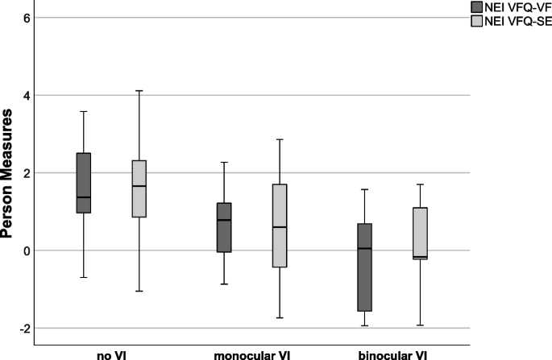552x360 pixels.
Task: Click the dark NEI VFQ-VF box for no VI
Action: tap(84, 183)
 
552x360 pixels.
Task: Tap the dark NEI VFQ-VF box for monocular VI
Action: tap(224, 227)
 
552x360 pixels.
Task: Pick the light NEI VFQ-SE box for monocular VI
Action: tap(280, 226)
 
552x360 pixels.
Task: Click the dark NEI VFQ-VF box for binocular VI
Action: tap(364, 267)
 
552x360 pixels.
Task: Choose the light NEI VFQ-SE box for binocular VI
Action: tap(420, 233)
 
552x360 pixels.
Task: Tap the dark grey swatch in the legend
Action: tap(478, 6)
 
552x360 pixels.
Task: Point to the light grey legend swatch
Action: tap(478, 21)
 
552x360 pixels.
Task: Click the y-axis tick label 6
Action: tap(27, 18)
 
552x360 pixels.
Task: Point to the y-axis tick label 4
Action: tap(27, 95)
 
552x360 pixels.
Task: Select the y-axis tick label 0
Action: tap(27, 250)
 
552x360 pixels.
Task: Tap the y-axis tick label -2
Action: tap(24, 329)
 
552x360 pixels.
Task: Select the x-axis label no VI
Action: tap(111, 354)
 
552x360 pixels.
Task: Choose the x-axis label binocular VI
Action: tap(392, 354)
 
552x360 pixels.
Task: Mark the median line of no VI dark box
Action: tap(84, 197)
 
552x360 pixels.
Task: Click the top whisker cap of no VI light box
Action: tap(139, 91)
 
